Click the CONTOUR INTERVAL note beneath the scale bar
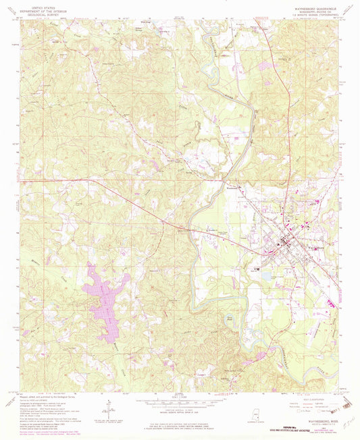(x=180, y=403)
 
